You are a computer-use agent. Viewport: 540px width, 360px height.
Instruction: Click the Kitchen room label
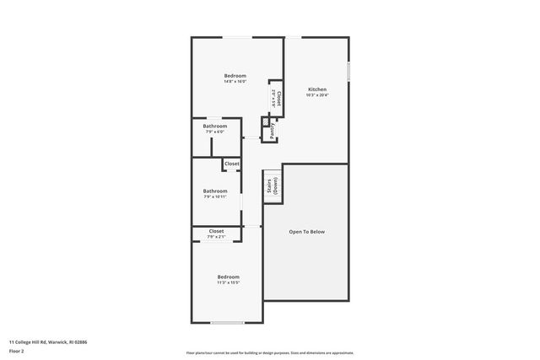point(316,89)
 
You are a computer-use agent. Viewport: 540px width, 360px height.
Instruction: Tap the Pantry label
point(273,131)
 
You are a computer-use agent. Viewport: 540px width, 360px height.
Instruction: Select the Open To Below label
point(306,232)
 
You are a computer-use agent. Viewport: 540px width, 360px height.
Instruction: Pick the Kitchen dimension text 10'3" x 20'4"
point(316,95)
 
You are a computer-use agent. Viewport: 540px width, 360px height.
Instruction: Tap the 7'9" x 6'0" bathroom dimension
point(214,132)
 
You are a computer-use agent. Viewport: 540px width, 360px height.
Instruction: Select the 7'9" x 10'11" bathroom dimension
point(215,196)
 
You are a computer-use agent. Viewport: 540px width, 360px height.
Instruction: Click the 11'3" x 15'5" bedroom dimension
point(228,282)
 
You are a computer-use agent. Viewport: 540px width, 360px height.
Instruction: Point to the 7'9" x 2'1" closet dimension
point(216,237)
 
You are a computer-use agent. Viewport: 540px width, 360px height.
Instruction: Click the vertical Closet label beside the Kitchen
point(276,98)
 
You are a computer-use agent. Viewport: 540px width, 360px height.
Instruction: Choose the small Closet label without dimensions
point(231,164)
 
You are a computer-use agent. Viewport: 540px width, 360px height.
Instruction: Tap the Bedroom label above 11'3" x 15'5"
point(228,277)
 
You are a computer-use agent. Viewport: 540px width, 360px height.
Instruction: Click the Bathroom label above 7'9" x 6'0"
point(214,126)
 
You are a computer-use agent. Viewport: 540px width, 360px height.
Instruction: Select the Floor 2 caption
point(16,350)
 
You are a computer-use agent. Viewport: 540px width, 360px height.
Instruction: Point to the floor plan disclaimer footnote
point(269,352)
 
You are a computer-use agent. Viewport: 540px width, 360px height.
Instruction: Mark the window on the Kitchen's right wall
point(348,72)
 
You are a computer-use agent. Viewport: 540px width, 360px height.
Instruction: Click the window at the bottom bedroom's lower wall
point(226,323)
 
